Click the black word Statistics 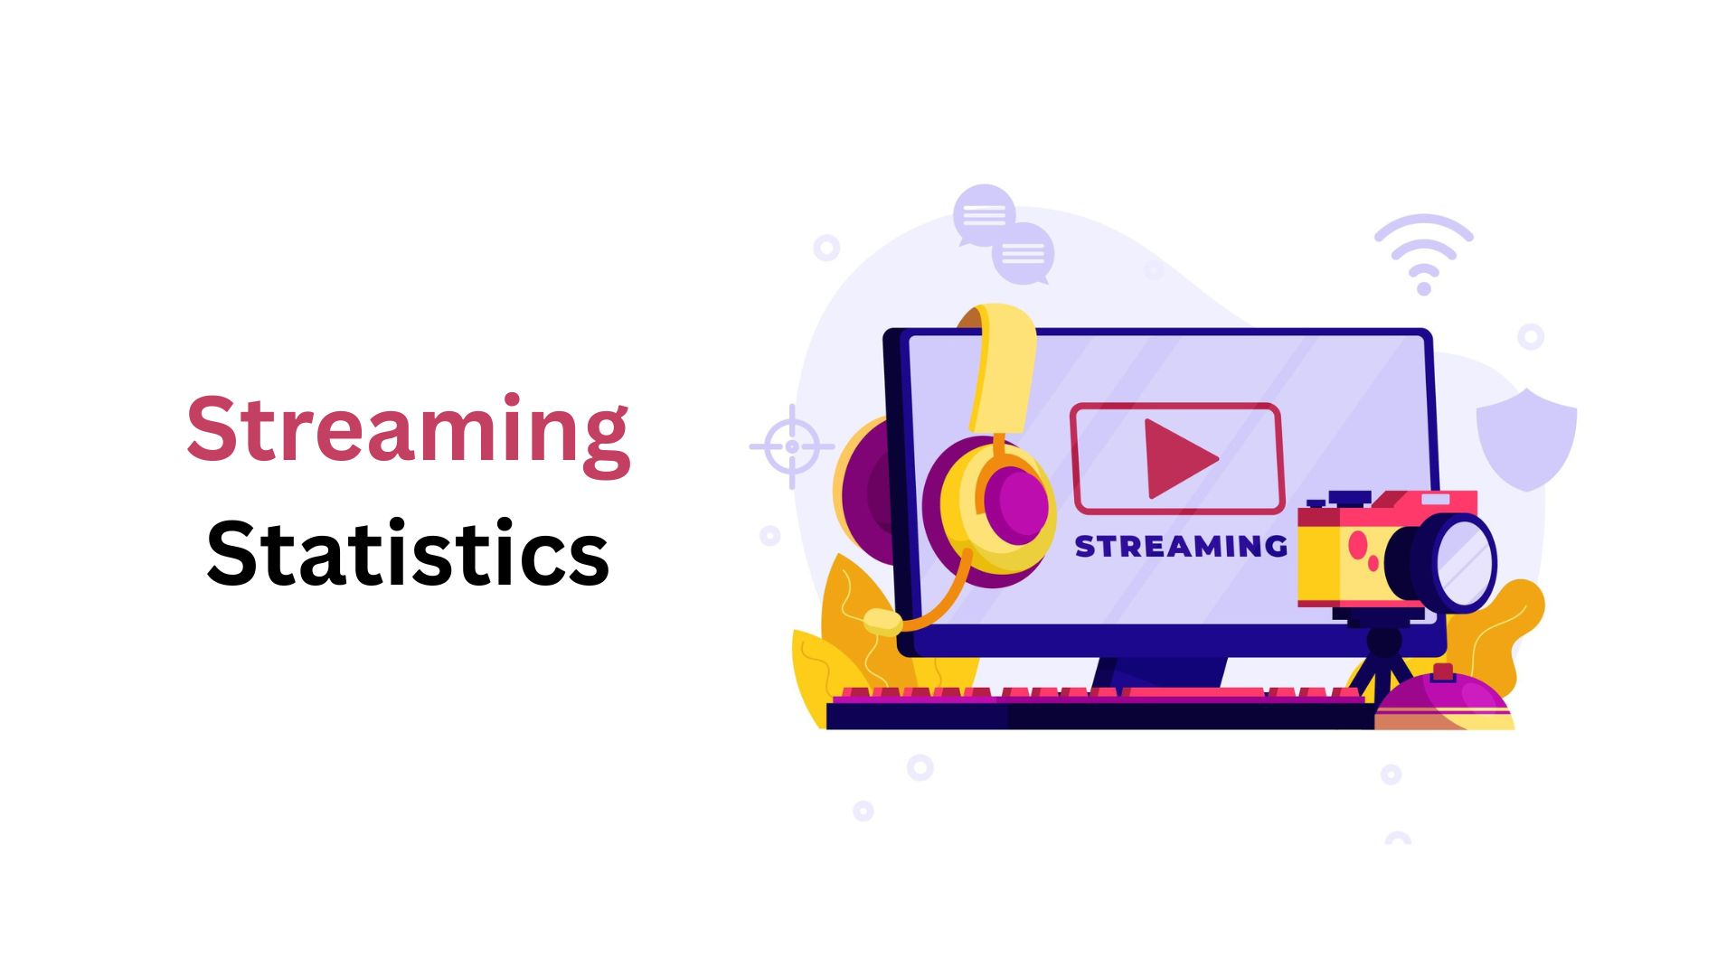(x=408, y=551)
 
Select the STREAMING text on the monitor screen (x=1181, y=546)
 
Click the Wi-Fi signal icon (x=1424, y=254)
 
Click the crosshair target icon (x=792, y=446)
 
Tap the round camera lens (x=1456, y=562)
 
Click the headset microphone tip (x=882, y=622)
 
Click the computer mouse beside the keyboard (x=1444, y=699)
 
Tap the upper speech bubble (x=984, y=215)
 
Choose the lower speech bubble (x=1024, y=254)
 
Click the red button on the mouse (x=1443, y=671)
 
